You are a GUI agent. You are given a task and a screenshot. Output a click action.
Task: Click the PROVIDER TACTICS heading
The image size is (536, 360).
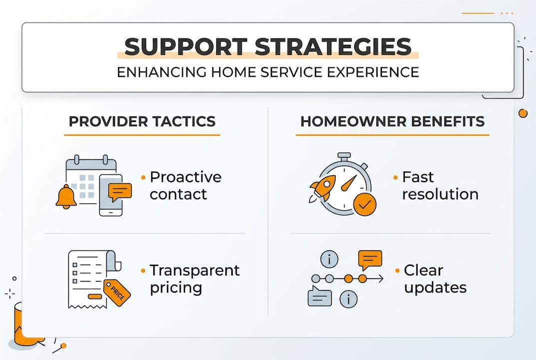142,121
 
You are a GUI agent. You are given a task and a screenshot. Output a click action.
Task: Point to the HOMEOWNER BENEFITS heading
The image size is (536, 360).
392,121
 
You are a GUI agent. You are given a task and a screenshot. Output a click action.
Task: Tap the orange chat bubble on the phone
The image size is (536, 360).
120,191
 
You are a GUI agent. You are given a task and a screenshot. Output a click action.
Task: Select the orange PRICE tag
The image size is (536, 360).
117,292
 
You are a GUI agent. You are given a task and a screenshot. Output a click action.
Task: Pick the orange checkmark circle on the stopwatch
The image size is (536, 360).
365,204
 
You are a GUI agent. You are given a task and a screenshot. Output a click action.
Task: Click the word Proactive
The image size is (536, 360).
185,177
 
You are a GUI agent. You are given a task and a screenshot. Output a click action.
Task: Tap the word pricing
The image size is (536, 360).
176,288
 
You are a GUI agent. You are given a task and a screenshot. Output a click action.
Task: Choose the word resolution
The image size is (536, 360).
440,194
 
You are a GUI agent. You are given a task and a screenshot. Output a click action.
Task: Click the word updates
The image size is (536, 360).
435,288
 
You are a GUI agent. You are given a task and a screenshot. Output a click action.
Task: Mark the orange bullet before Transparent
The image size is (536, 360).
143,270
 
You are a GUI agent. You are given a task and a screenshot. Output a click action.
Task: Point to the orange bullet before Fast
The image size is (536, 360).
396,177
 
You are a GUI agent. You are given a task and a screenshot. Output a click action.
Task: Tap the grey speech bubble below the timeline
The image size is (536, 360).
320,297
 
